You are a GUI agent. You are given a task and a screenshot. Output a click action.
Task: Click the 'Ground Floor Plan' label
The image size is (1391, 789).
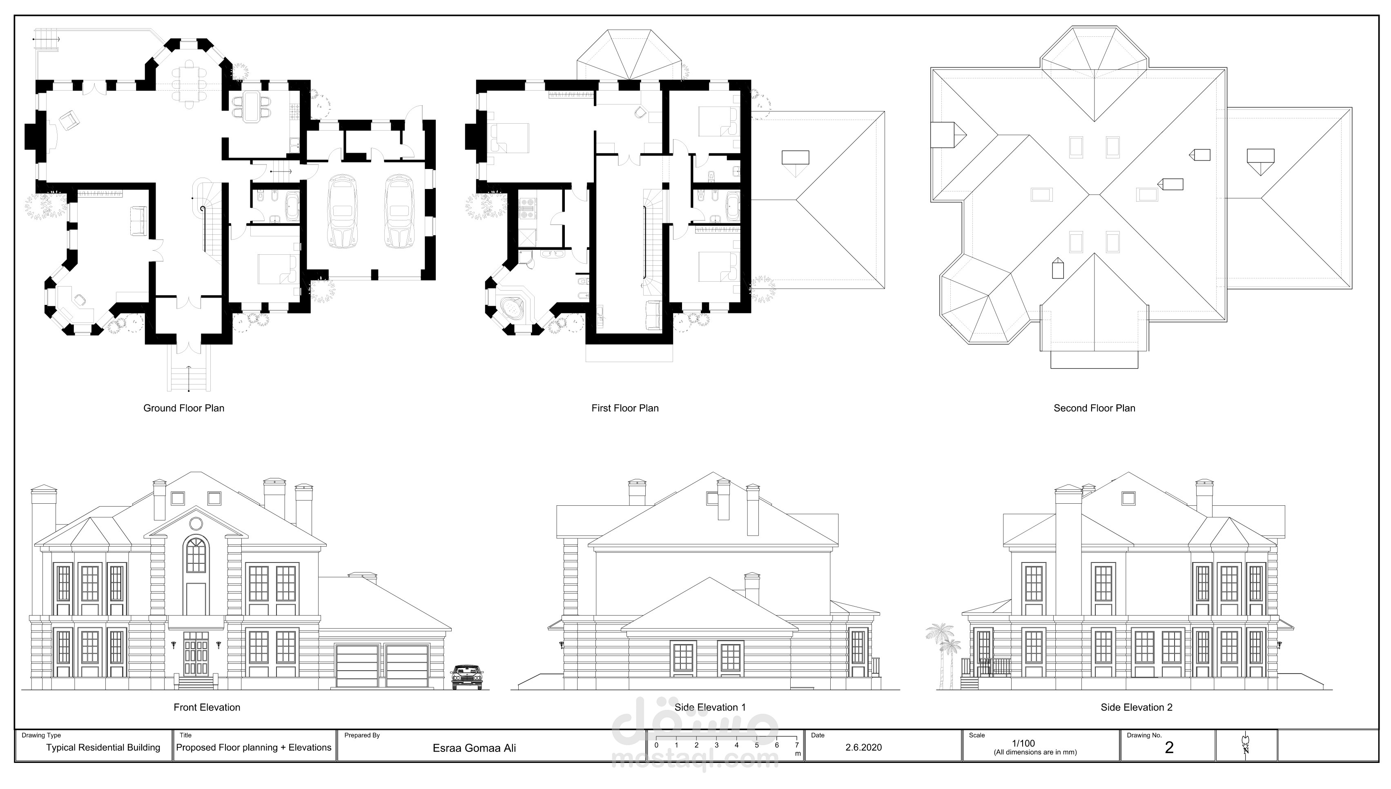coord(184,408)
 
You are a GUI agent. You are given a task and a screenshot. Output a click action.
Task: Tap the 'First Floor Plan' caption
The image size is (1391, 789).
coord(625,408)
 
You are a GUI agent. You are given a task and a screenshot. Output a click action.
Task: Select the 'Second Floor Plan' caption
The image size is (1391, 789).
coord(1094,408)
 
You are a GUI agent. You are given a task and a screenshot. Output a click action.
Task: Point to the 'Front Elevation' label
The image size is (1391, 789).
coord(207,707)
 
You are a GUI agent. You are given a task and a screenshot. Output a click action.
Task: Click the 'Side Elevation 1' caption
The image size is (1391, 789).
coord(710,707)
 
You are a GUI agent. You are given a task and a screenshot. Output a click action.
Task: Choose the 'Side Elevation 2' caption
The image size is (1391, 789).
coord(1136,707)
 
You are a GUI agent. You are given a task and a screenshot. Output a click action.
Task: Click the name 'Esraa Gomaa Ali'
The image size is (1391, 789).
coord(474,748)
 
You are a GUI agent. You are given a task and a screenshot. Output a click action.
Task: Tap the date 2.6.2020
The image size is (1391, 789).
coord(863,747)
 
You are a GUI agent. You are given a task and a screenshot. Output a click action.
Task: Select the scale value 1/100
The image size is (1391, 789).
coord(1023,743)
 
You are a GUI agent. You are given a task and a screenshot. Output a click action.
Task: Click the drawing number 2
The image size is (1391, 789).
coord(1169,748)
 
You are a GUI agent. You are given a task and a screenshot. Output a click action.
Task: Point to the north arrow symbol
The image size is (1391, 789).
coord(1246,743)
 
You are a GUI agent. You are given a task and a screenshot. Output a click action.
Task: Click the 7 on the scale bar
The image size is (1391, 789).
coord(796,745)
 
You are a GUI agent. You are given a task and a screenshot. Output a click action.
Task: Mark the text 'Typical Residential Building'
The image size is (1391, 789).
coord(103,748)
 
